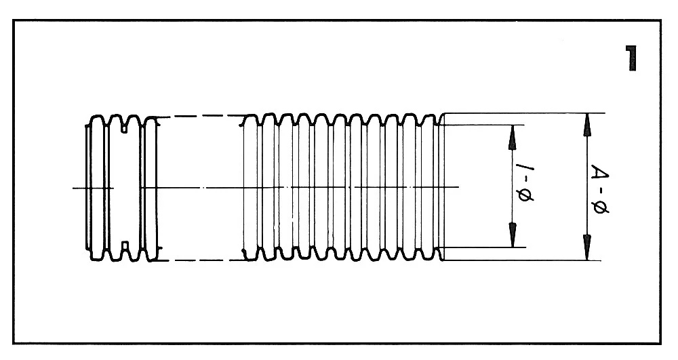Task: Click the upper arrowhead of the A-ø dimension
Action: pyautogui.click(x=587, y=123)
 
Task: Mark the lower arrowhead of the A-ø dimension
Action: pyautogui.click(x=587, y=248)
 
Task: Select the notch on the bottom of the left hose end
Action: pyautogui.click(x=125, y=246)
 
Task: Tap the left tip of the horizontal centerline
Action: pyautogui.click(x=74, y=187)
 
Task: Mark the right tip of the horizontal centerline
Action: pyautogui.click(x=459, y=187)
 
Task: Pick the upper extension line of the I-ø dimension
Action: pyautogui.click(x=481, y=125)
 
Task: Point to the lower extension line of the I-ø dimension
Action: pyautogui.click(x=481, y=247)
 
